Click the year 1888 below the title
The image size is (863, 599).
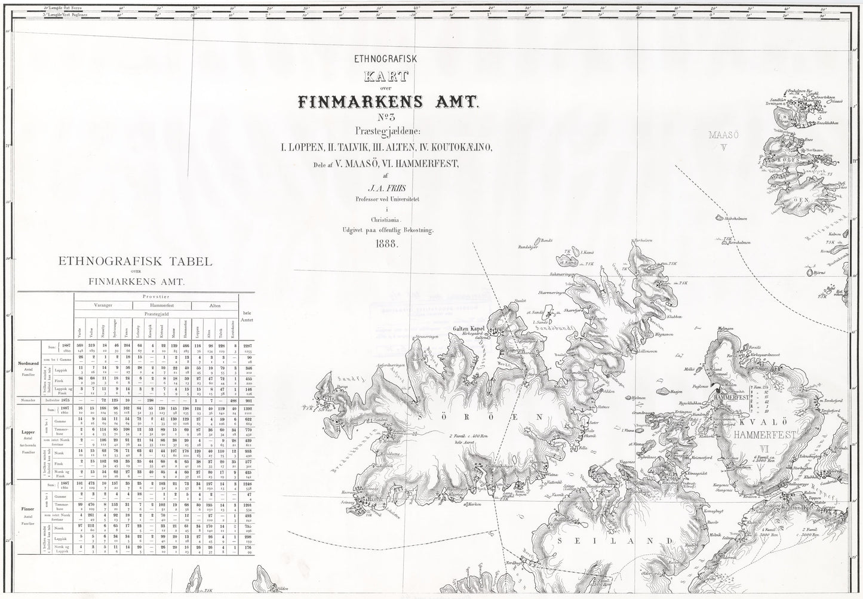(388, 244)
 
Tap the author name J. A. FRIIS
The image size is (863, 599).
(388, 188)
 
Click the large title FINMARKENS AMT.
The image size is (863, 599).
(388, 102)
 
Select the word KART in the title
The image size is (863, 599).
(388, 76)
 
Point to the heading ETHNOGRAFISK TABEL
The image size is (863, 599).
(137, 262)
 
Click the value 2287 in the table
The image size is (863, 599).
(245, 346)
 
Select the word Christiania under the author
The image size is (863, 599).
(388, 220)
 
